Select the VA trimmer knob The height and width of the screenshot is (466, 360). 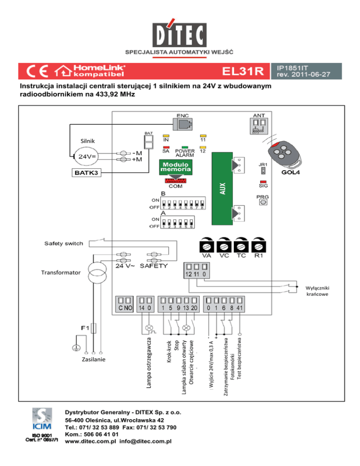(207, 245)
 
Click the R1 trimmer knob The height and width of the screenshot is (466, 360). (258, 245)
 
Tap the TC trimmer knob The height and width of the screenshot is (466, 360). (241, 245)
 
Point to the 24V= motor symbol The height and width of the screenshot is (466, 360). (85, 156)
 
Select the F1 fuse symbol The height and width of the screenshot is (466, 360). (94, 327)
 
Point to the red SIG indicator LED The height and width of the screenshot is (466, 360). (263, 181)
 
